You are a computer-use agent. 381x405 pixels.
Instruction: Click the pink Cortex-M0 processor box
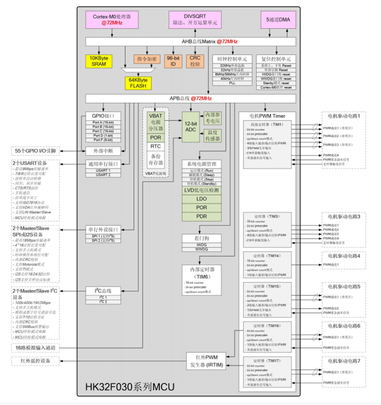click(x=108, y=21)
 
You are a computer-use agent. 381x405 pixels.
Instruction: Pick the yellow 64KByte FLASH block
click(x=141, y=83)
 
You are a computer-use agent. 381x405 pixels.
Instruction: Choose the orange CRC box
click(x=195, y=61)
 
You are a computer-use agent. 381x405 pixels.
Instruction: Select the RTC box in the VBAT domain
click(x=155, y=147)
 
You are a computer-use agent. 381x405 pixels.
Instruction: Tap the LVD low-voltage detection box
click(x=201, y=190)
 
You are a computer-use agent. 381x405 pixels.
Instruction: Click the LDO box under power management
click(x=201, y=199)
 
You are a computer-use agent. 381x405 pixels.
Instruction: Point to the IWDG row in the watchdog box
click(x=201, y=244)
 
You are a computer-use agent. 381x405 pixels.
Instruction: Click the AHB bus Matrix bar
click(x=190, y=42)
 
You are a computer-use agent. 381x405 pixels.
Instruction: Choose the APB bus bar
click(x=190, y=98)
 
